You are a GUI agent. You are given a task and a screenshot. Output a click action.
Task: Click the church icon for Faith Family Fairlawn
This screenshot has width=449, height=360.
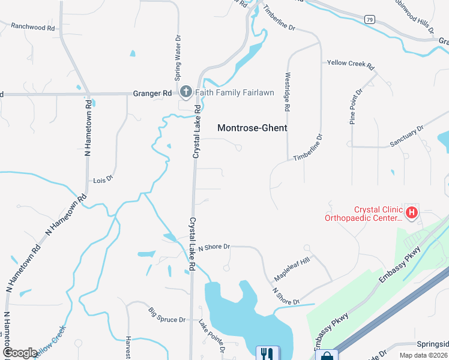[185, 92]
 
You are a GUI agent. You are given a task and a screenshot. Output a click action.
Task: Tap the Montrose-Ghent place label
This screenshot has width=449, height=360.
[252, 128]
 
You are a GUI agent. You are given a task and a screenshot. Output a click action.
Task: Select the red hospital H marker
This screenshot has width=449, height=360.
[412, 212]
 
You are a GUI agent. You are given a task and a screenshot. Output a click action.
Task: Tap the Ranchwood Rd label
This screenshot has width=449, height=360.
[33, 28]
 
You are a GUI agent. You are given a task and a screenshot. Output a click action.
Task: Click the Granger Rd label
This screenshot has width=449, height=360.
[151, 93]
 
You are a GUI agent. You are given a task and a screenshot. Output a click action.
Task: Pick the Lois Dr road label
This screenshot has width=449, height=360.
[103, 180]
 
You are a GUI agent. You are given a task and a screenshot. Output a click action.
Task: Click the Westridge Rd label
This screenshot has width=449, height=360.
[288, 92]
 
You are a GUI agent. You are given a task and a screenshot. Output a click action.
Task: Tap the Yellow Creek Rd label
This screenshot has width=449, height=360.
[350, 63]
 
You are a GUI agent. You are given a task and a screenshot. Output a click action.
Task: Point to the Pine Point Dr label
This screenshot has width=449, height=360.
[357, 107]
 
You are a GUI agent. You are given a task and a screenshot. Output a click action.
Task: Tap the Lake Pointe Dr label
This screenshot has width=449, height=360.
[212, 336]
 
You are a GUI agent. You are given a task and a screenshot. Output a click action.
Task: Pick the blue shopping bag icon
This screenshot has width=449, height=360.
[327, 356]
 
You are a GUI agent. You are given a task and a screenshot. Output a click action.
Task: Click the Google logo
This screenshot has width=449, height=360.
[19, 353]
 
